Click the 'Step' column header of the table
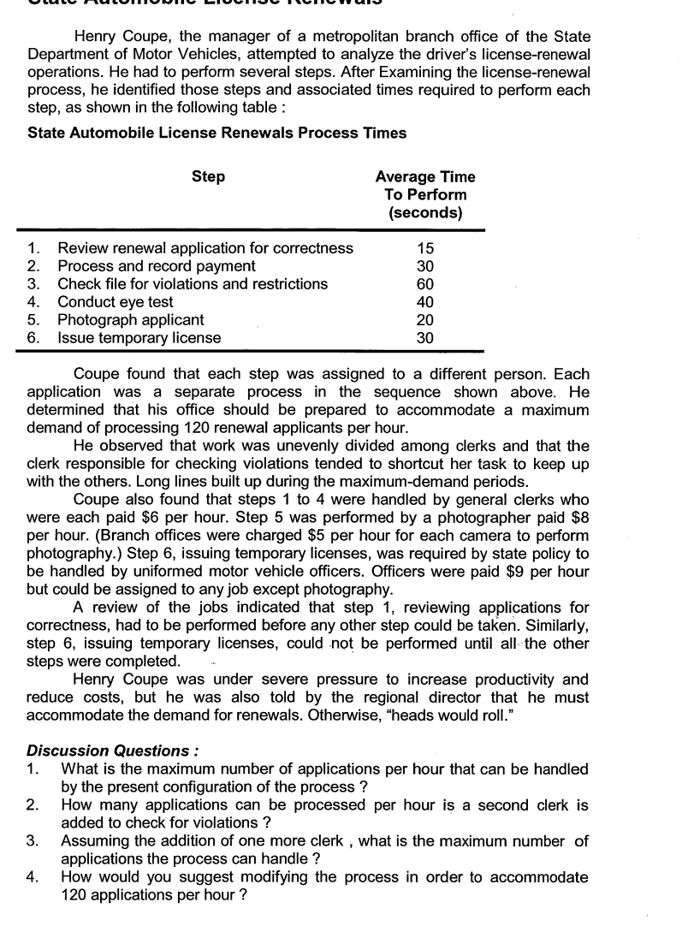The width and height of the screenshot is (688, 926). pyautogui.click(x=209, y=177)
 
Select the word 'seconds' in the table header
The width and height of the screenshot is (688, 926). pyautogui.click(x=425, y=213)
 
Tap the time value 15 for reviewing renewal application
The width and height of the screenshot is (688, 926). pyautogui.click(x=425, y=248)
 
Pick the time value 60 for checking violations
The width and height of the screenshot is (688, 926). pyautogui.click(x=425, y=284)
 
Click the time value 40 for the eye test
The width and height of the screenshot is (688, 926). pyautogui.click(x=425, y=302)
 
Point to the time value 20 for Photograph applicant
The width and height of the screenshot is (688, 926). pyautogui.click(x=425, y=320)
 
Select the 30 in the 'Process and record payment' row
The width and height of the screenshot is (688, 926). pyautogui.click(x=425, y=266)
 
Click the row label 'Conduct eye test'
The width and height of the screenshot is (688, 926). pyautogui.click(x=115, y=302)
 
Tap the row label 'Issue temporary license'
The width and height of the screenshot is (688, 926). pyautogui.click(x=139, y=338)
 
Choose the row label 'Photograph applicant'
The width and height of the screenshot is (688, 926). pyautogui.click(x=130, y=320)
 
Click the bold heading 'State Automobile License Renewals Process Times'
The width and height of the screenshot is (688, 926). pyautogui.click(x=216, y=133)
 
